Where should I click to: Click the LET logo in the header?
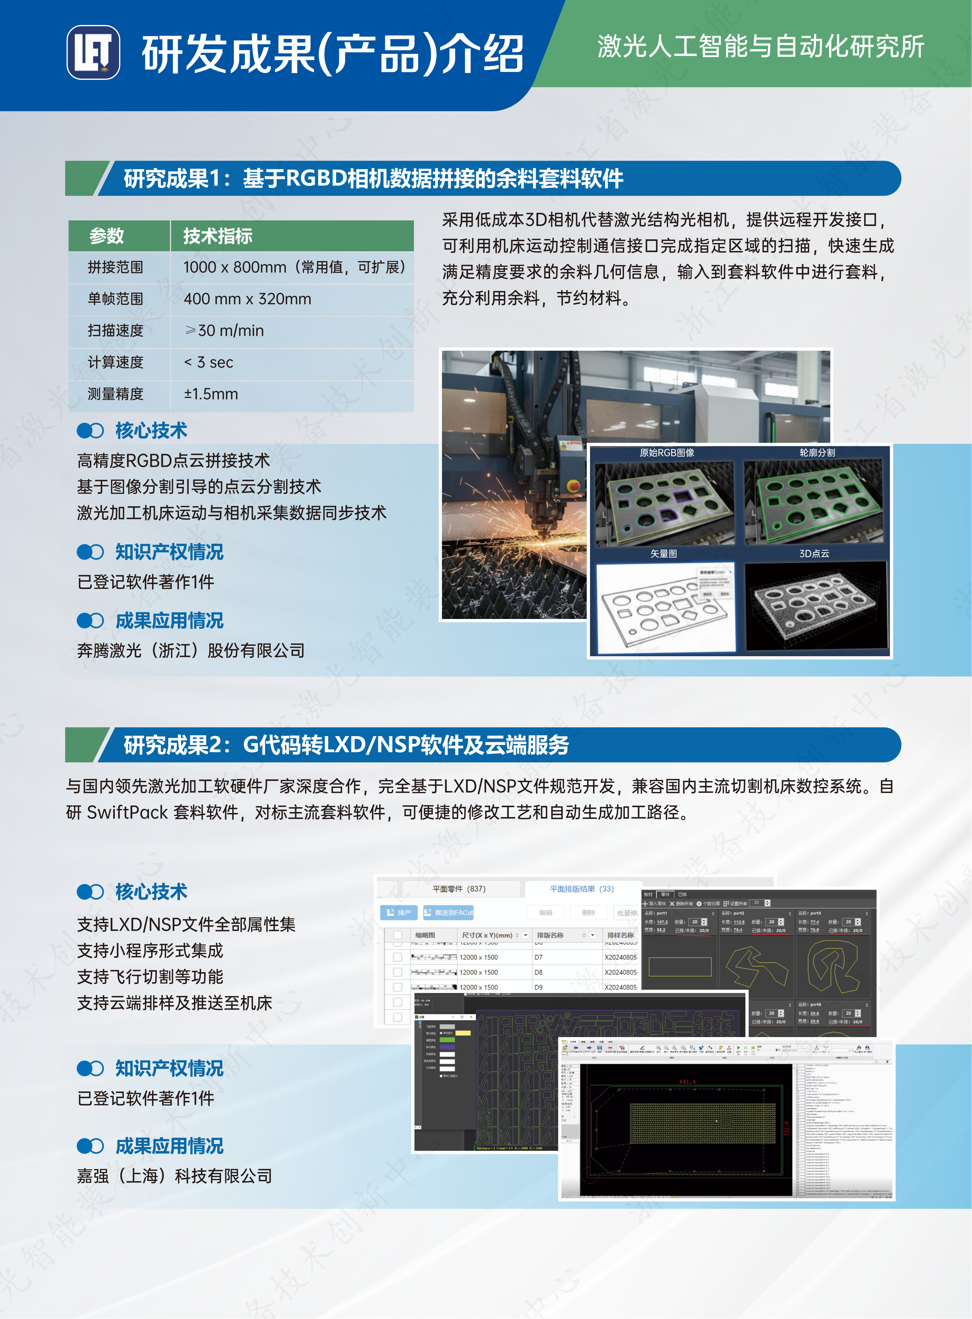pyautogui.click(x=93, y=52)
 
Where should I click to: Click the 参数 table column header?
pyautogui.click(x=107, y=236)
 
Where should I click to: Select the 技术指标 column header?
pyautogui.click(x=218, y=236)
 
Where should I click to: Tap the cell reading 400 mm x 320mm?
pyautogui.click(x=247, y=299)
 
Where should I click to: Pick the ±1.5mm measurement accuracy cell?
pyautogui.click(x=211, y=394)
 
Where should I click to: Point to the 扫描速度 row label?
pyautogui.click(x=115, y=331)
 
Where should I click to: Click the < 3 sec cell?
pyautogui.click(x=209, y=362)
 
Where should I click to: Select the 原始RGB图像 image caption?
pyautogui.click(x=667, y=452)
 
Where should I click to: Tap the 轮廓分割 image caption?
pyautogui.click(x=817, y=452)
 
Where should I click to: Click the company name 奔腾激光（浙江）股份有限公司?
pyautogui.click(x=191, y=651)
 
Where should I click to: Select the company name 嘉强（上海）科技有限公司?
pyautogui.click(x=175, y=1176)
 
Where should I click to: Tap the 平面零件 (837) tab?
pyautogui.click(x=459, y=889)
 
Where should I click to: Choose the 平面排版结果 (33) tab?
pyautogui.click(x=581, y=889)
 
